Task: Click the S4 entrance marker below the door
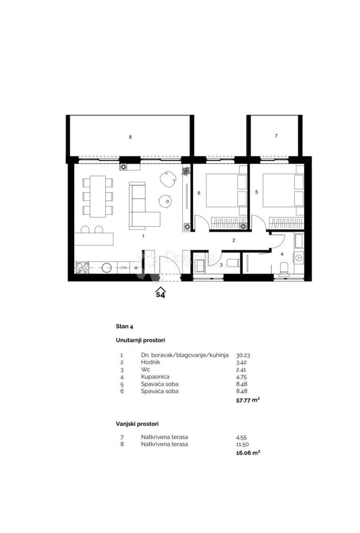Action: tap(161, 292)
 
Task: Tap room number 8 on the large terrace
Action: tap(130, 137)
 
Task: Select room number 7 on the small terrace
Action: tap(276, 136)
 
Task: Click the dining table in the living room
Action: tap(98, 196)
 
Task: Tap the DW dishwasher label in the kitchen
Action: tap(124, 268)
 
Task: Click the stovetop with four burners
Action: tap(82, 268)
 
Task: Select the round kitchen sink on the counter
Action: tap(106, 268)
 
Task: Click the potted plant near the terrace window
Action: tap(186, 171)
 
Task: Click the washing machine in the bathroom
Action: tap(299, 258)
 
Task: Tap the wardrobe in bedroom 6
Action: tap(229, 223)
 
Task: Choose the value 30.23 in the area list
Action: tap(243, 355)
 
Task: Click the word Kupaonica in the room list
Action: tap(155, 377)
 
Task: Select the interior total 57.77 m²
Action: tap(248, 401)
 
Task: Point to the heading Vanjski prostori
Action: tap(137, 424)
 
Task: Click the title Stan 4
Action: tap(124, 326)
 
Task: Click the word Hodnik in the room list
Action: tap(151, 362)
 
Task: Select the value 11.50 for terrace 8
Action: tap(242, 444)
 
